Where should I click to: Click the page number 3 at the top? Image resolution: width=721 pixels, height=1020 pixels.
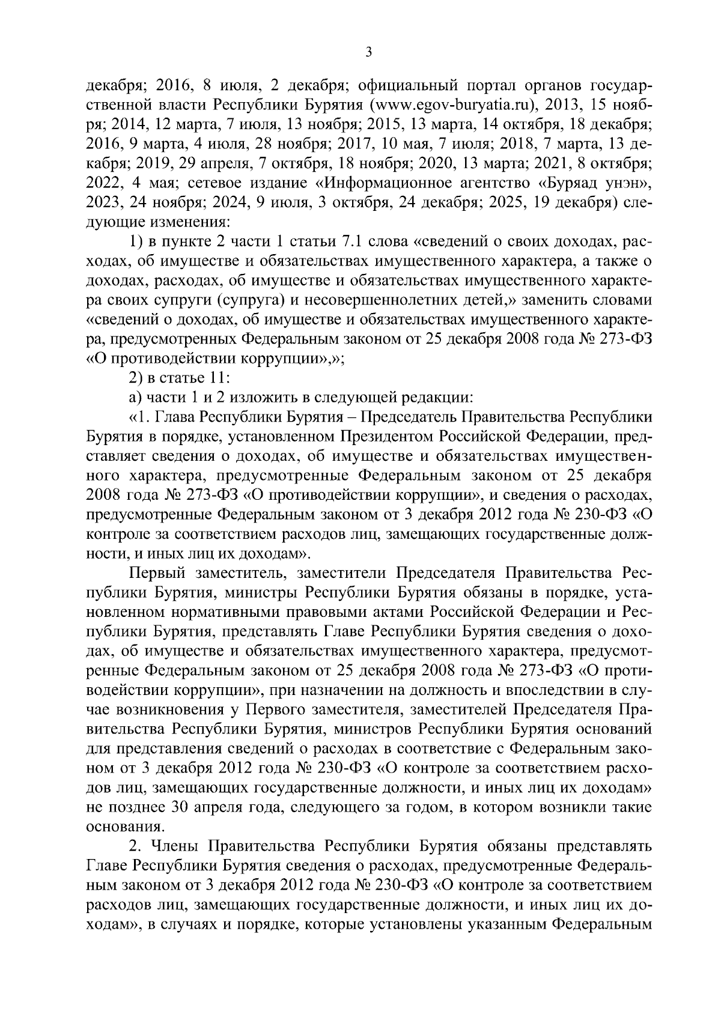tap(369, 53)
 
